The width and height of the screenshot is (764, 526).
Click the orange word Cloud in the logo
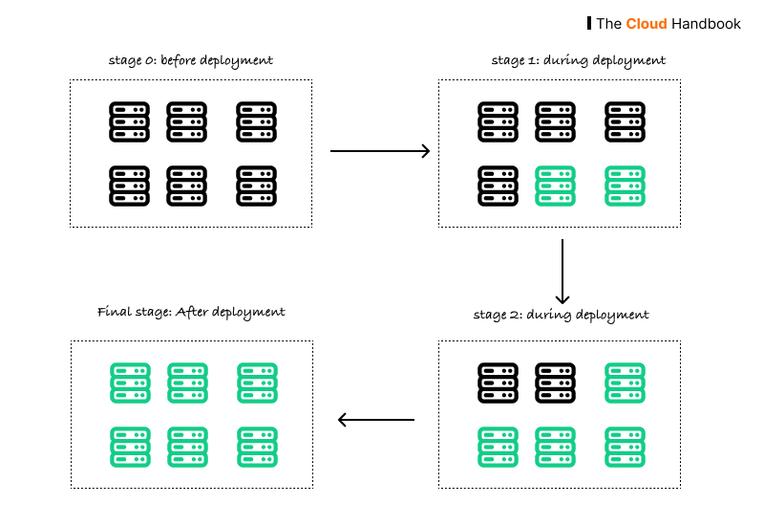point(646,23)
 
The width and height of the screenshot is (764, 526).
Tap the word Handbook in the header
point(706,23)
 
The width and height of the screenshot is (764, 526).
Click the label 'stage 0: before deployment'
point(190,60)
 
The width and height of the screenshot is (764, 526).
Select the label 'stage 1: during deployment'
point(578,60)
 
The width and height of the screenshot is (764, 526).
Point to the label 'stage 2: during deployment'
point(561,314)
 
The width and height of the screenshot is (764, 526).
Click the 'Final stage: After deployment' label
point(191,312)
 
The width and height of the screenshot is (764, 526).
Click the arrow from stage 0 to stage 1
point(379,151)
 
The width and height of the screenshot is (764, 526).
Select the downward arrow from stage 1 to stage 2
point(562,271)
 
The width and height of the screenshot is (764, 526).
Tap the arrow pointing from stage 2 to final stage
point(377,419)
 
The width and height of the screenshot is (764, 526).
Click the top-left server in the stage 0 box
point(129,122)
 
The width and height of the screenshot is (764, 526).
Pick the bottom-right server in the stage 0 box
point(257,185)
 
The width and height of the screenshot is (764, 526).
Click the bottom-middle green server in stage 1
point(556,186)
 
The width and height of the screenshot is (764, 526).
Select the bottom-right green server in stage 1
point(626,186)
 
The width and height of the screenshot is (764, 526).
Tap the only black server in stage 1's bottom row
point(498,186)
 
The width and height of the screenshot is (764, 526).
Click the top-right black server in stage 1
point(626,122)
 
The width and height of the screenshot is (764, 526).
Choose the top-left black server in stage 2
point(498,382)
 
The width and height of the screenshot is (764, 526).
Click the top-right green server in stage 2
point(626,382)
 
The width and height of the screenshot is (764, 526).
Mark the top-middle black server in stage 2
point(556,382)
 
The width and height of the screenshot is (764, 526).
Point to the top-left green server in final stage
point(129,383)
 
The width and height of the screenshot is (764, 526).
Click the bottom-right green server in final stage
point(257,446)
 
